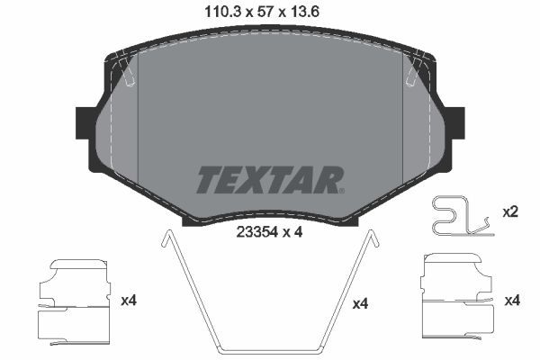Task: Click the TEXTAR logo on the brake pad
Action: pos(269,179)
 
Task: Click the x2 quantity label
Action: pos(509,212)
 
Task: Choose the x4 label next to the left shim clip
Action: pos(128,299)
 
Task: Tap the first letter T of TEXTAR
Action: pos(208,179)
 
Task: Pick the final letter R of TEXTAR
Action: pos(326,179)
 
